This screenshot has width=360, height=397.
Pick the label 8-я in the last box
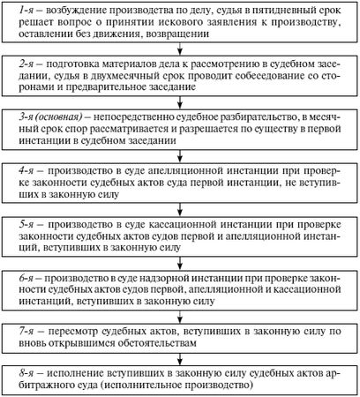tap(25, 371)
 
